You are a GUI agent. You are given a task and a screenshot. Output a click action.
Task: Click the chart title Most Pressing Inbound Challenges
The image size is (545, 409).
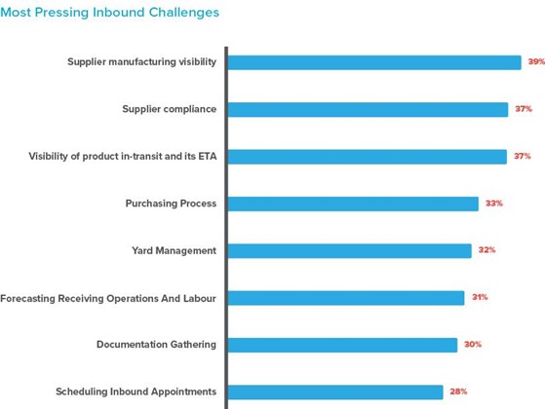click(x=110, y=13)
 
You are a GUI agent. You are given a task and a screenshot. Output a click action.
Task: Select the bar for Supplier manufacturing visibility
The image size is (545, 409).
click(x=374, y=62)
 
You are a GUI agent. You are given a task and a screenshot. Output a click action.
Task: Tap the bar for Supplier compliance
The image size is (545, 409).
click(x=368, y=109)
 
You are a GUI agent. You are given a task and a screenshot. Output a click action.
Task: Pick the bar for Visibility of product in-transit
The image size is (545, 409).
click(x=368, y=156)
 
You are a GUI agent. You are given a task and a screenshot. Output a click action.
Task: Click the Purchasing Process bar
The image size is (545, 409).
click(x=353, y=204)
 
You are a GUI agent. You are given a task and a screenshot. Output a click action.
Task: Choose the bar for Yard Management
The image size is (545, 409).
click(x=350, y=250)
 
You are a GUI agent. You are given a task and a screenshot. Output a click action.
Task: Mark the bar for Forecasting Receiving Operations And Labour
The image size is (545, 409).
click(x=346, y=297)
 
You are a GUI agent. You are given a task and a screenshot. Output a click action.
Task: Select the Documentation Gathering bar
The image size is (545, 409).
click(x=342, y=345)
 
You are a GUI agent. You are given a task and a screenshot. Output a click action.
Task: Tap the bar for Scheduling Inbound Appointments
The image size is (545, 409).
click(x=335, y=391)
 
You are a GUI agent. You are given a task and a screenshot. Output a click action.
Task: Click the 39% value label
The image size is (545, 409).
click(x=536, y=62)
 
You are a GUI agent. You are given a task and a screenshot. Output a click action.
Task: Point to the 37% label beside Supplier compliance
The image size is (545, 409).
click(x=524, y=109)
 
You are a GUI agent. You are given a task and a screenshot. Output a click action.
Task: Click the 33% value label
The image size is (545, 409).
click(x=494, y=204)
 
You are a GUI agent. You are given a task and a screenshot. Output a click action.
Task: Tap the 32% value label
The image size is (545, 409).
click(x=487, y=250)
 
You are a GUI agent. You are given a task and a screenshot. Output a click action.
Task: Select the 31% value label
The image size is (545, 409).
click(x=480, y=297)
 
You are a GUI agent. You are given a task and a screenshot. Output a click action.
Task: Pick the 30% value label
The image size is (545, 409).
click(x=473, y=345)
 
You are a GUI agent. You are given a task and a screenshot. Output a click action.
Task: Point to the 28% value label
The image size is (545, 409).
click(x=458, y=391)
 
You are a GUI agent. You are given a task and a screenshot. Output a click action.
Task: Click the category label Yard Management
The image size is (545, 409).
click(x=174, y=250)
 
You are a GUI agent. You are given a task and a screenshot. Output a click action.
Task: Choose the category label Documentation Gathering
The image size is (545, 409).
click(x=156, y=345)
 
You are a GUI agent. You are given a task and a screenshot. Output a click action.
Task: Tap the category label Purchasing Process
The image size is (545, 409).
click(x=171, y=204)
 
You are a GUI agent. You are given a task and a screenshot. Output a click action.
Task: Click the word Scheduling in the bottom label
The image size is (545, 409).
click(x=82, y=391)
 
